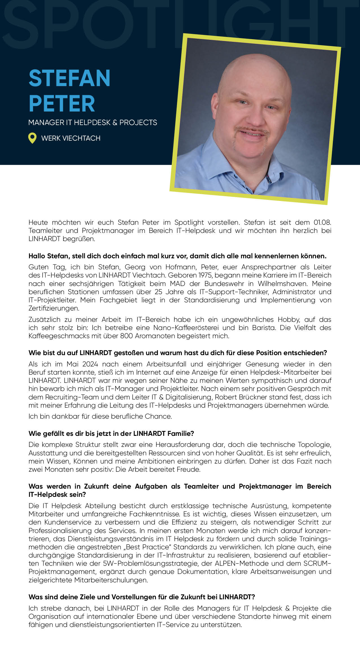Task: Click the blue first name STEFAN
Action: (x=69, y=78)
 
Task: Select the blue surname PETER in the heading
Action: (x=62, y=104)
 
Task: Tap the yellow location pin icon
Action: (x=32, y=138)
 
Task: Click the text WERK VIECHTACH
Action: (x=71, y=138)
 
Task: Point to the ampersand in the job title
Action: (x=115, y=123)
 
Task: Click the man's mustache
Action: (x=252, y=130)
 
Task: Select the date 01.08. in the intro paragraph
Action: (x=322, y=222)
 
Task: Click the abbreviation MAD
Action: (x=177, y=283)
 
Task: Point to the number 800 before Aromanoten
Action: (x=126, y=336)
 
